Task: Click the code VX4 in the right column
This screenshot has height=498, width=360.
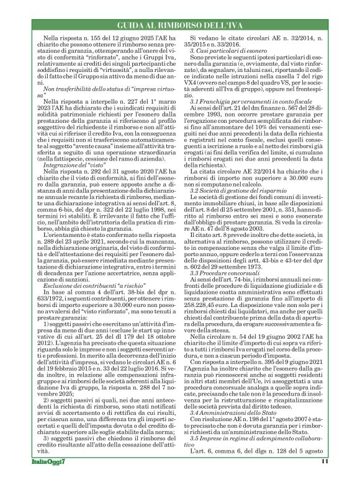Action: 190,104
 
